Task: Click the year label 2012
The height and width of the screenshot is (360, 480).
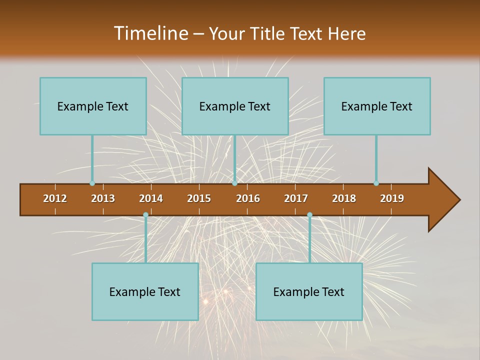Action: pyautogui.click(x=55, y=198)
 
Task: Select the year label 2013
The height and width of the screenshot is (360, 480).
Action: pyautogui.click(x=103, y=198)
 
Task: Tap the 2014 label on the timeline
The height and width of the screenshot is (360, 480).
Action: pyautogui.click(x=151, y=198)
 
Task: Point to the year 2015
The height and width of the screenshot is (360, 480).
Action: pyautogui.click(x=199, y=198)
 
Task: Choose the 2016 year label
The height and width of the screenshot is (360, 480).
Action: pyautogui.click(x=248, y=198)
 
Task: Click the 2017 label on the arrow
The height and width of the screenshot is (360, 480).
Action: pyautogui.click(x=296, y=198)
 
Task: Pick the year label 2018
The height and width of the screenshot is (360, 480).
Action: pyautogui.click(x=344, y=198)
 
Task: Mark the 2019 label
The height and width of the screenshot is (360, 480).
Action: pyautogui.click(x=392, y=198)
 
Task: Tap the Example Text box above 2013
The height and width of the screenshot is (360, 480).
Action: pyautogui.click(x=93, y=106)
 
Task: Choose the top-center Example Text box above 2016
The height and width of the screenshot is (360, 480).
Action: pyautogui.click(x=235, y=106)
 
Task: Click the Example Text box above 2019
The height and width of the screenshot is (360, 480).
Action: pyautogui.click(x=377, y=106)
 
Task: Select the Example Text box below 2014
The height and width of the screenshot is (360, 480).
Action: pyautogui.click(x=145, y=291)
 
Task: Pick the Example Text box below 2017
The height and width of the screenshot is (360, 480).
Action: pyautogui.click(x=309, y=291)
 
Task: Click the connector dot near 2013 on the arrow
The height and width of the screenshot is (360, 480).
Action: pyautogui.click(x=92, y=183)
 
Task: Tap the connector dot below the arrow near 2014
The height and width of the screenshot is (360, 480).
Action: pyautogui.click(x=145, y=215)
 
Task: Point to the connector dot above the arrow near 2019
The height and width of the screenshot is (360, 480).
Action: pyautogui.click(x=376, y=183)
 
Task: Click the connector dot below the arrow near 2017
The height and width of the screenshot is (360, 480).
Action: pyautogui.click(x=309, y=215)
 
